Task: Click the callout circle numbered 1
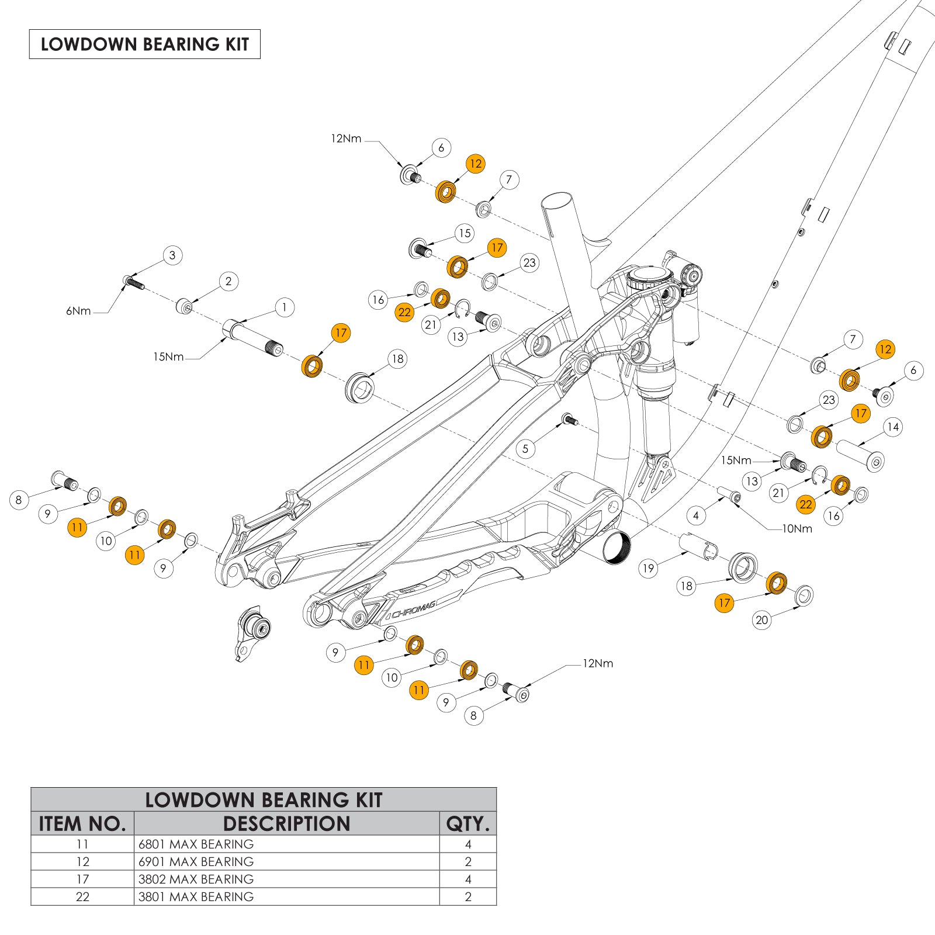[x=285, y=307]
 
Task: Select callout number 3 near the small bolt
[x=172, y=255]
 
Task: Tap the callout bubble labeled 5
[x=525, y=449]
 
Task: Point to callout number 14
[x=892, y=427]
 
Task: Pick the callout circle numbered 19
[x=648, y=568]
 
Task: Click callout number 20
[x=762, y=620]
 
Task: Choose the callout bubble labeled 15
[x=465, y=234]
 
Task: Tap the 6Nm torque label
[x=78, y=311]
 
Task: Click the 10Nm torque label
[x=797, y=529]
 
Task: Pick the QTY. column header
[x=467, y=824]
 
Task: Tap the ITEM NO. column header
[x=82, y=824]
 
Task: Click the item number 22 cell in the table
[x=82, y=897]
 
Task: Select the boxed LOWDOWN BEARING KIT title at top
[x=145, y=44]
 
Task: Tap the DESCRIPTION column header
[x=286, y=824]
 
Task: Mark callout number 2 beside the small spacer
[x=228, y=282]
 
